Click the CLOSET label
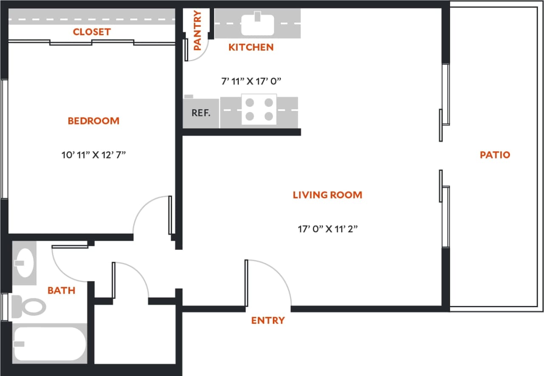(x=91, y=32)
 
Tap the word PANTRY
(x=197, y=31)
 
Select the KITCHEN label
(x=251, y=47)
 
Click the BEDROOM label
(x=93, y=121)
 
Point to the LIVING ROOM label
(x=327, y=195)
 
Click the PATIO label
(x=495, y=155)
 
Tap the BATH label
(x=61, y=291)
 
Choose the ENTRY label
(x=268, y=320)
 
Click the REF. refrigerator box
(x=201, y=113)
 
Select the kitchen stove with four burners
(x=259, y=109)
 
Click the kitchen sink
(x=257, y=24)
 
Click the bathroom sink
(x=24, y=263)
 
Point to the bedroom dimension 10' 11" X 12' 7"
(x=94, y=155)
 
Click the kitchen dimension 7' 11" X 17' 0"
(x=252, y=81)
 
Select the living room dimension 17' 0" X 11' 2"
(x=327, y=229)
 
